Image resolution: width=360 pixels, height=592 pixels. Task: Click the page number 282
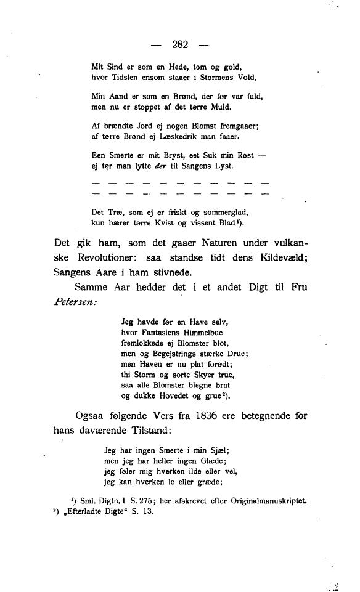point(180,44)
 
